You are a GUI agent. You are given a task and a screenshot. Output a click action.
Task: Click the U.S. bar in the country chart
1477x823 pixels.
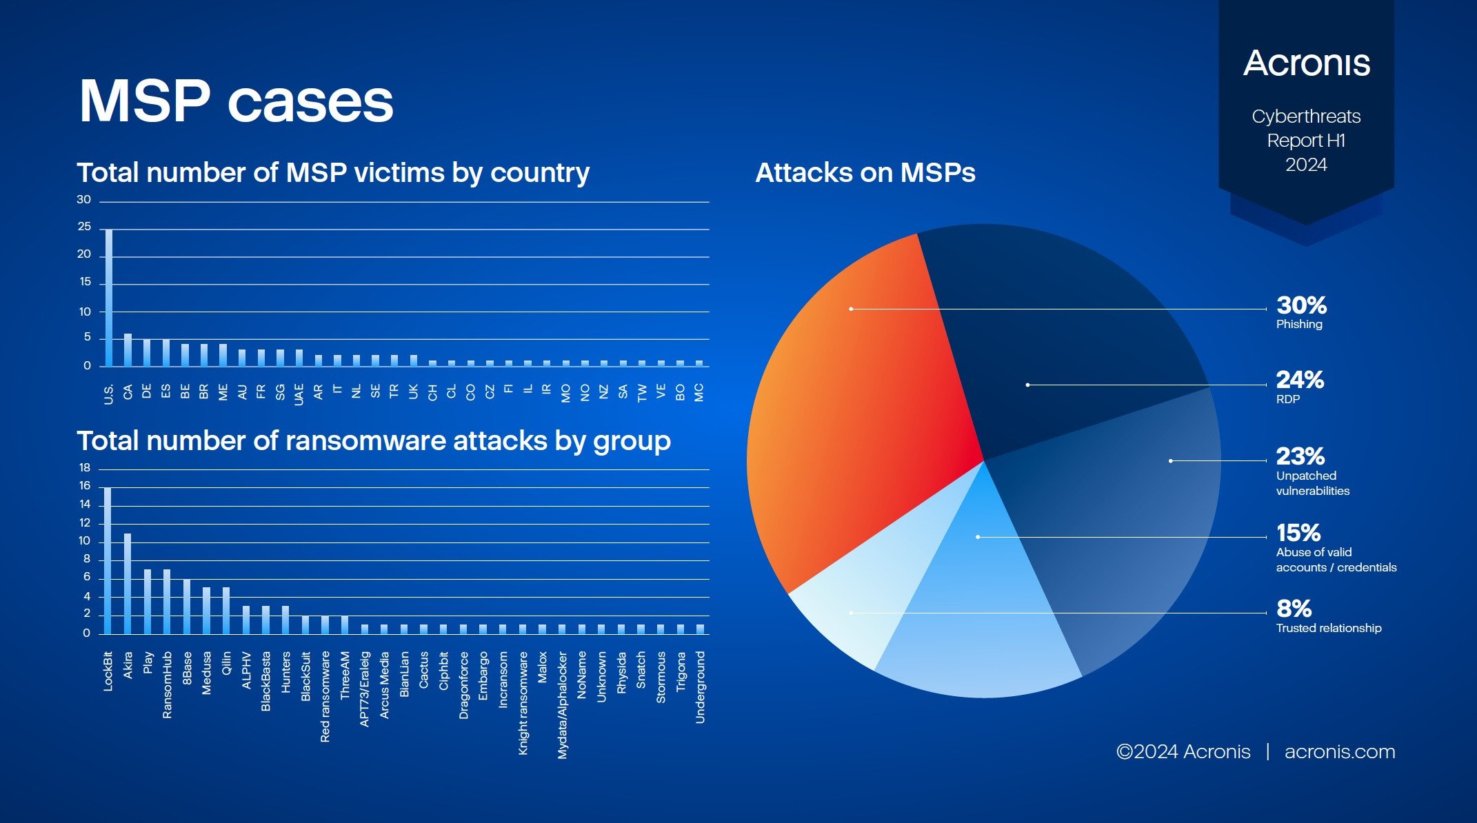108,298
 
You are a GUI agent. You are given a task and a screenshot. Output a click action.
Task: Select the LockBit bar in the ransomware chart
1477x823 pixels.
108,560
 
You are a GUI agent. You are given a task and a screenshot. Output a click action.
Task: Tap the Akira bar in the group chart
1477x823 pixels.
128,583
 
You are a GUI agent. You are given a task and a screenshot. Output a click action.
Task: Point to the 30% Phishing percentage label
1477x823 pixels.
1301,305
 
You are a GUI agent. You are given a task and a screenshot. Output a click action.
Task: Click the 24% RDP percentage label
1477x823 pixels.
1300,380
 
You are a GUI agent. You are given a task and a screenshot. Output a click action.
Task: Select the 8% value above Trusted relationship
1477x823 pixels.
1294,609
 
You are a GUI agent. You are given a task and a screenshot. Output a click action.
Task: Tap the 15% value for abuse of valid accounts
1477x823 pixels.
1298,533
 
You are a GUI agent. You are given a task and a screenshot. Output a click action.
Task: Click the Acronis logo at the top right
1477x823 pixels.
1307,63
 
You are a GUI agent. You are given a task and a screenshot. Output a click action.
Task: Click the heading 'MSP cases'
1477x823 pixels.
236,102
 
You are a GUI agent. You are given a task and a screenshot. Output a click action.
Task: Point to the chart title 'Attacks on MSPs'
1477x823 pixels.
865,172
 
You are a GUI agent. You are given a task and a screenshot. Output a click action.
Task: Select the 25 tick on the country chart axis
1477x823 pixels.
84,227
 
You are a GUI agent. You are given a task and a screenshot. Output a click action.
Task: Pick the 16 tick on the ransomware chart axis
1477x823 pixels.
85,486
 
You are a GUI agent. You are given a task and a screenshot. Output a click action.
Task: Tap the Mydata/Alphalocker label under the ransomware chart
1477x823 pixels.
563,704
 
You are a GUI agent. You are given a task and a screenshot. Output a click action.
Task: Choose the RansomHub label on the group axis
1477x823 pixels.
167,684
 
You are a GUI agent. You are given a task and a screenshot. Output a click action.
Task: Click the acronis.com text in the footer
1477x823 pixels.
1339,751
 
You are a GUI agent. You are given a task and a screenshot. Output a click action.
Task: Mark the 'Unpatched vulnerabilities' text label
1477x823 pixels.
1312,483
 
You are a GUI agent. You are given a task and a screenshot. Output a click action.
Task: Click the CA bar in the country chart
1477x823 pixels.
128,350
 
